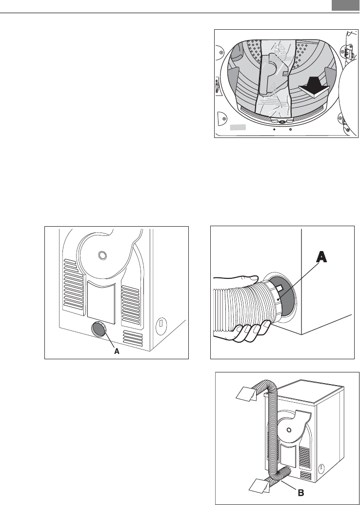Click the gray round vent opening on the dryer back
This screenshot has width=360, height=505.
[98, 330]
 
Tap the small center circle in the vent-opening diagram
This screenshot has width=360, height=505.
[101, 255]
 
